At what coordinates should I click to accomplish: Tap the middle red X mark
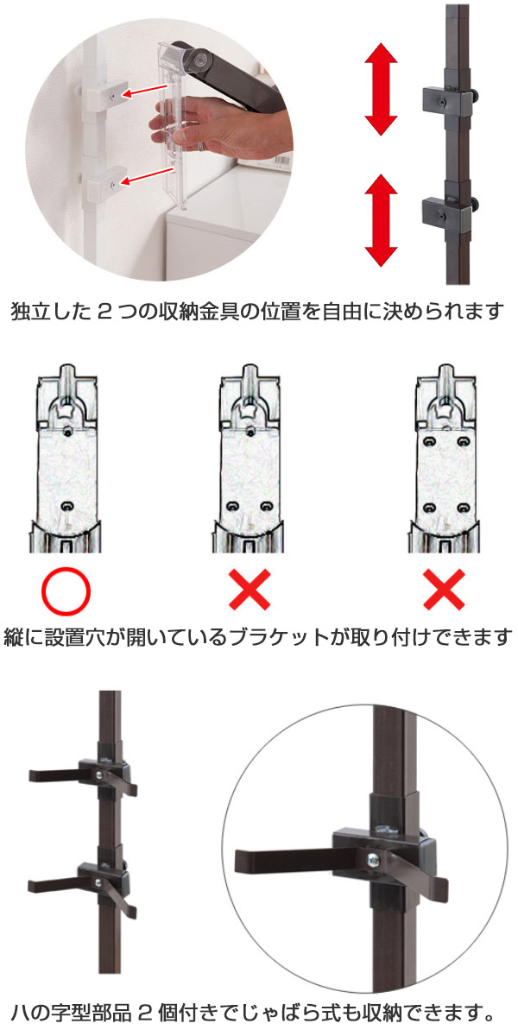250,590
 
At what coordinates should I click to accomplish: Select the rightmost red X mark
444,590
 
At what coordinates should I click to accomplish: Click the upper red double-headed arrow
381,89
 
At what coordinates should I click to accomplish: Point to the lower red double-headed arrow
381,221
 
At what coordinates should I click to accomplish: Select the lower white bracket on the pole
108,183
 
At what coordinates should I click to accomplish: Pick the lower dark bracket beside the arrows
449,211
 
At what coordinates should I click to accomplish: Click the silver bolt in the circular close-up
373,861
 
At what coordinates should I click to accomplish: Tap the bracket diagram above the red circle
66,458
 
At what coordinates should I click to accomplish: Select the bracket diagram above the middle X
249,458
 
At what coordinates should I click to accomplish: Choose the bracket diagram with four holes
444,458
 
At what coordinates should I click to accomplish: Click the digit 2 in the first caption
105,313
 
